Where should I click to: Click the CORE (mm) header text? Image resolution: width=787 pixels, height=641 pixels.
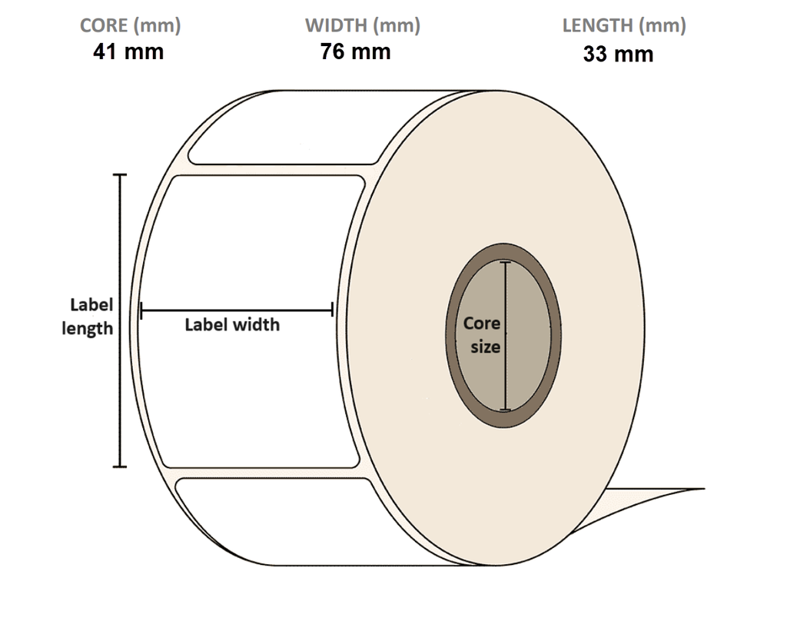point(130,25)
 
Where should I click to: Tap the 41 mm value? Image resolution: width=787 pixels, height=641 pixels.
point(128,51)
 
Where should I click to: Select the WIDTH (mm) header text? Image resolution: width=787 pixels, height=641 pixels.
point(362,25)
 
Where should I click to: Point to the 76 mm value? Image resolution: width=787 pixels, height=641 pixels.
point(355,51)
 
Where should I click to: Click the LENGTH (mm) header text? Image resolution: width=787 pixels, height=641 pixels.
point(624,25)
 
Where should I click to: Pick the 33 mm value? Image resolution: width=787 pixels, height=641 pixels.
point(618,54)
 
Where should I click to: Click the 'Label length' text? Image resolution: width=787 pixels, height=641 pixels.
point(88,317)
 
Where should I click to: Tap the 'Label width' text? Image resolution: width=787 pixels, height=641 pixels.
point(232,325)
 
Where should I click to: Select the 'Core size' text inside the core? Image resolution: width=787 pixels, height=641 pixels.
point(483,335)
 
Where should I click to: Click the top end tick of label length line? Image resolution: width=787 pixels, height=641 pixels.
point(119,175)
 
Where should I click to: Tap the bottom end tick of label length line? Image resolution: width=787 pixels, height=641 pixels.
point(119,466)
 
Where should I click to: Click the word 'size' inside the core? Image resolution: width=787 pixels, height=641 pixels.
point(486,347)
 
